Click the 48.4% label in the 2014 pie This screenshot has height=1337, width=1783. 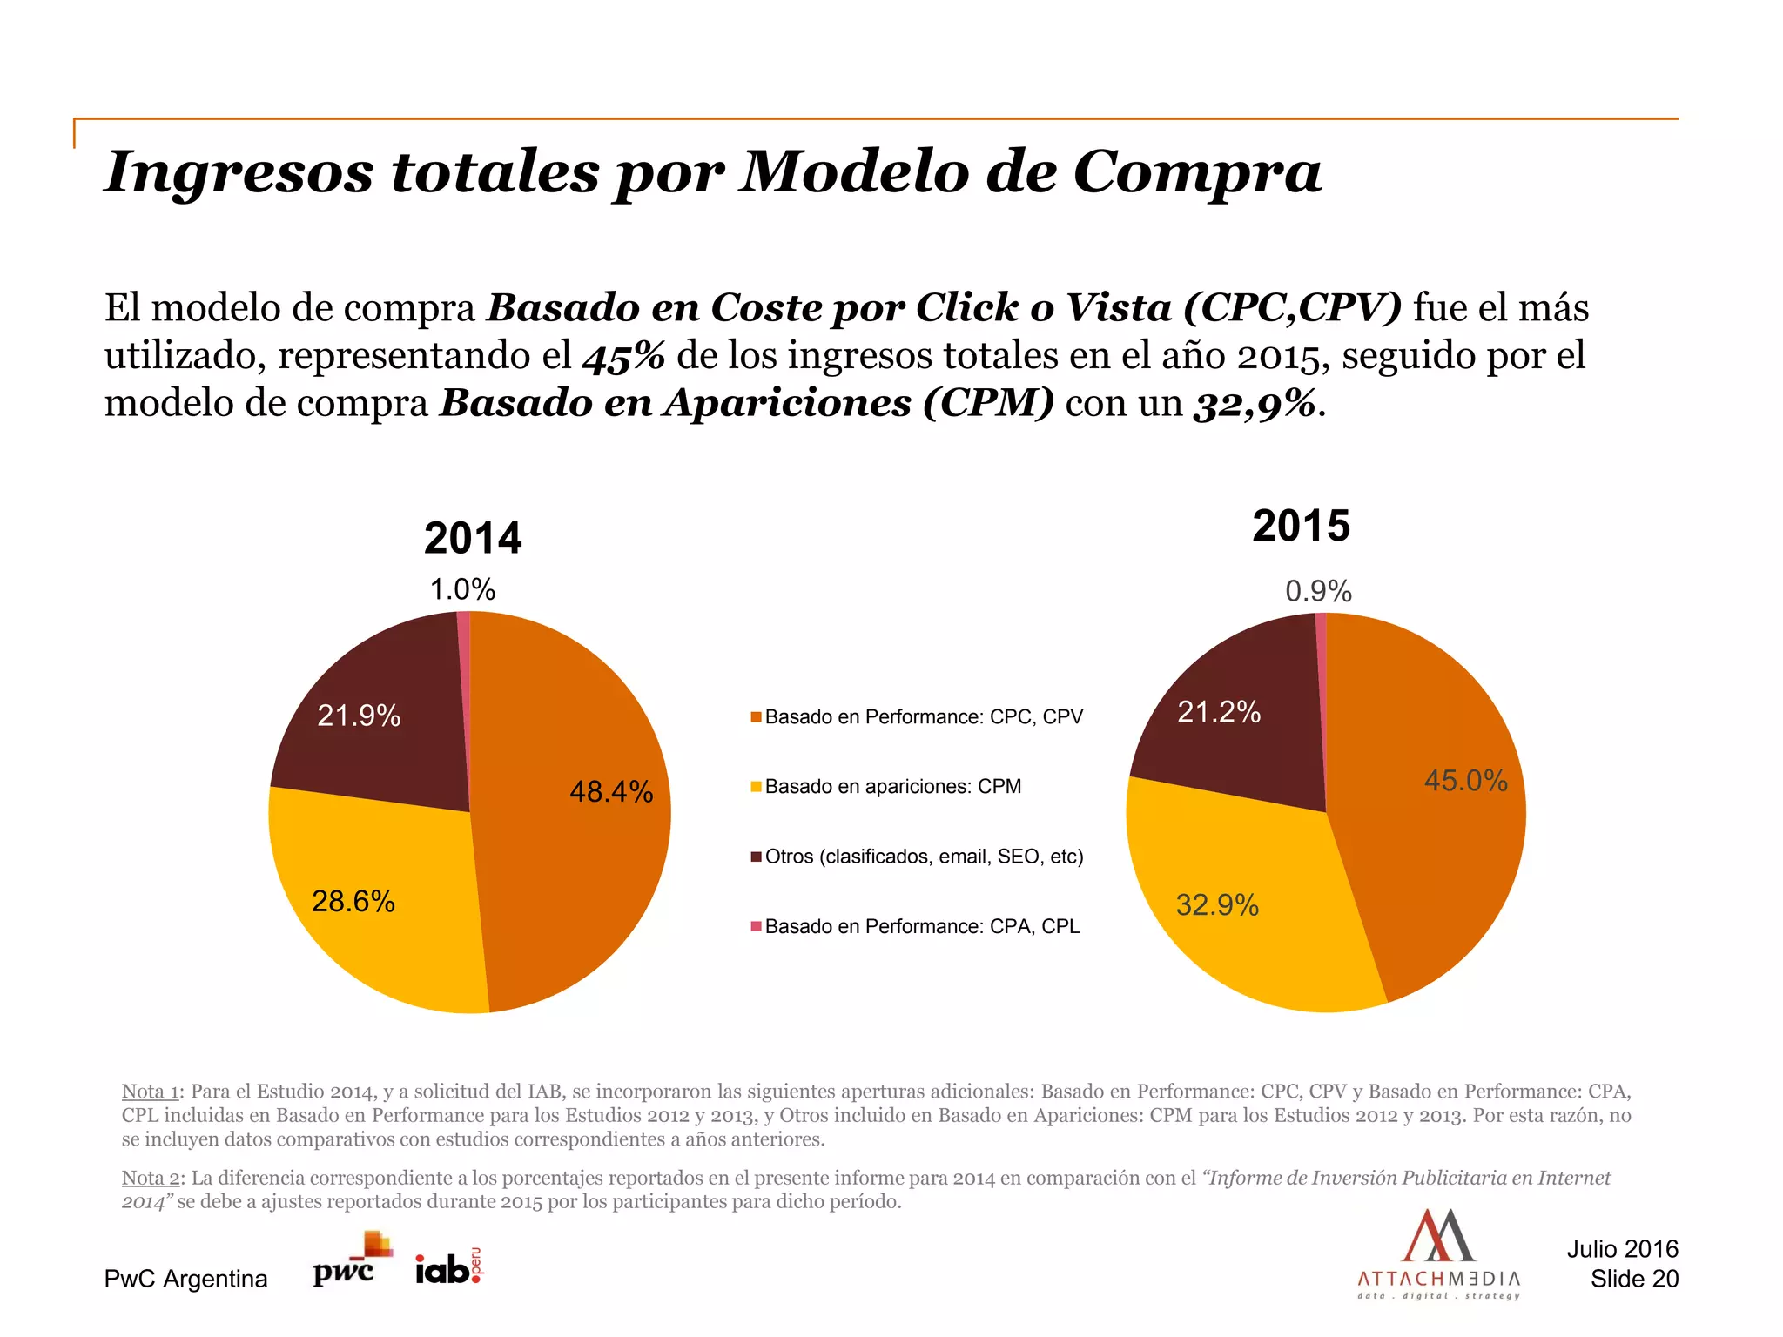[x=611, y=791]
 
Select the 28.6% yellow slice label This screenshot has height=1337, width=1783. [x=353, y=901]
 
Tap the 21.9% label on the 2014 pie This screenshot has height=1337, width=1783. [x=359, y=716]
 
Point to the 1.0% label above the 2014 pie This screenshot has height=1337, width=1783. [x=462, y=590]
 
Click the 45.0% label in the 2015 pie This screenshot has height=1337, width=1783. [x=1465, y=780]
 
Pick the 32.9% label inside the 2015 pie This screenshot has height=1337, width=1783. [x=1217, y=905]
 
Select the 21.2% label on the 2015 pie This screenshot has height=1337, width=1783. [x=1219, y=712]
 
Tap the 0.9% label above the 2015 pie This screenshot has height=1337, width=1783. [x=1318, y=592]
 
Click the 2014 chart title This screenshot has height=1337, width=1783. [x=473, y=538]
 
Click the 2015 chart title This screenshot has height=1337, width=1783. [x=1301, y=526]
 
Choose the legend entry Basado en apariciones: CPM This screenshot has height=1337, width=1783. [x=892, y=787]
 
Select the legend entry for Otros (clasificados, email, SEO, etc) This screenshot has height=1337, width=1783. [x=923, y=857]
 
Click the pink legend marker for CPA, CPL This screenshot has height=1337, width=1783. [x=756, y=925]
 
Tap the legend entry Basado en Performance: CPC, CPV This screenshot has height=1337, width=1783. [x=923, y=717]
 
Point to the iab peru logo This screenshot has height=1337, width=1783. [x=448, y=1267]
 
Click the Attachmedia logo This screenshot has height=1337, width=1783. [x=1438, y=1253]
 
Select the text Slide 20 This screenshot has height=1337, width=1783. [x=1634, y=1279]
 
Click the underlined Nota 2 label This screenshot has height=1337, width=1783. [x=151, y=1178]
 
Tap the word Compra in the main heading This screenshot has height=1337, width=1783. [x=1197, y=171]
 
